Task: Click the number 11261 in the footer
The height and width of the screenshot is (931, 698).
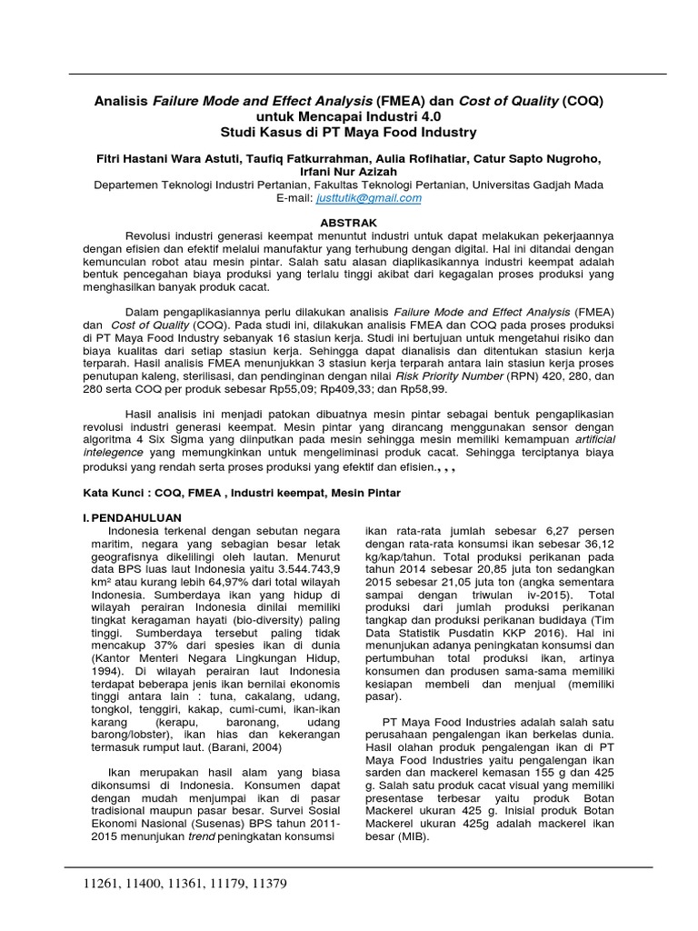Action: point(103,884)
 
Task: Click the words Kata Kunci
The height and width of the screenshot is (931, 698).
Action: point(104,492)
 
